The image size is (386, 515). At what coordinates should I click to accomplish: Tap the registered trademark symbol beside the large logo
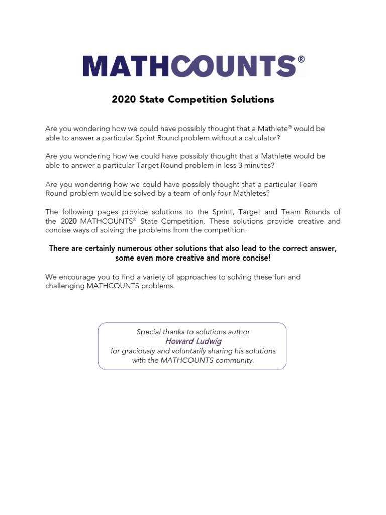tap(301, 59)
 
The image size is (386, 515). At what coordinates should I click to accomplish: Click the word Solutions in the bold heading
tap(252, 99)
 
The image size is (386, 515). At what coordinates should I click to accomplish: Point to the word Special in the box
tap(149, 332)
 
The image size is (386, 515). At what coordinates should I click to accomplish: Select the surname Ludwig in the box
tap(209, 341)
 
